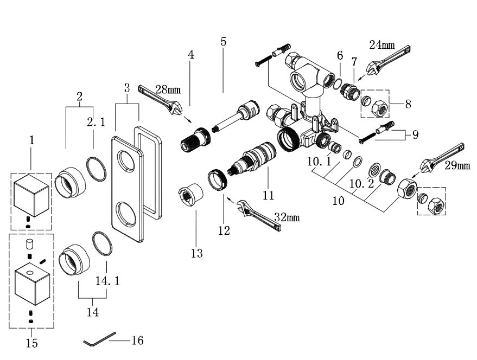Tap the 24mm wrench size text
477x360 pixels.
(x=382, y=45)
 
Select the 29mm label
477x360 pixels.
(x=457, y=165)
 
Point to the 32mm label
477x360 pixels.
(x=287, y=217)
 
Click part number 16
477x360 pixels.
(x=138, y=340)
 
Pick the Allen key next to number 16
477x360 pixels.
(x=100, y=340)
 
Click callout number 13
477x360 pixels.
(x=196, y=253)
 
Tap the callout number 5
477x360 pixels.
(x=224, y=41)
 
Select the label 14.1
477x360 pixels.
(x=107, y=282)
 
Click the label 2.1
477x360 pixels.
(x=96, y=123)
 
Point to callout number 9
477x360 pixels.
(x=415, y=134)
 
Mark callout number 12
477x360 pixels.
(x=224, y=230)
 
